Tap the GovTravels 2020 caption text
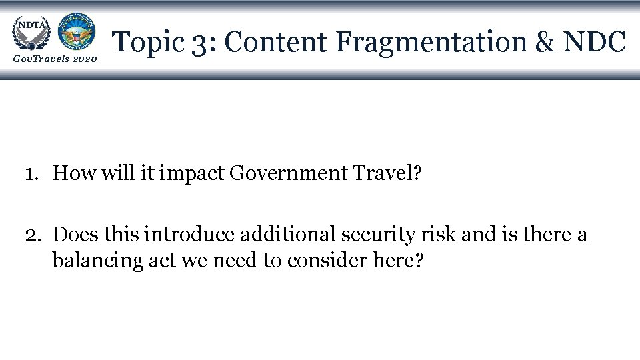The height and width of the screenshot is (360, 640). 55,60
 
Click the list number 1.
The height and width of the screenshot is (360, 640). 31,175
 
